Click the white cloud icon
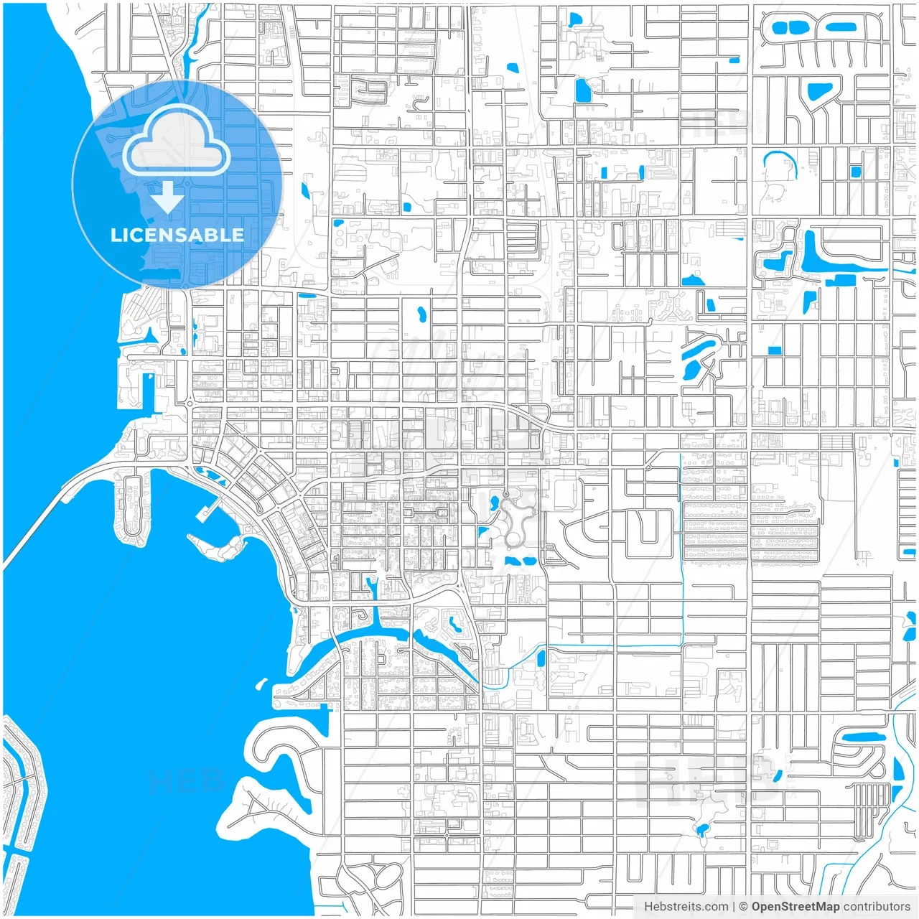[x=177, y=142]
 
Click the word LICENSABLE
[x=177, y=235]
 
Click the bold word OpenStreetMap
[x=795, y=907]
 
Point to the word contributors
[x=876, y=907]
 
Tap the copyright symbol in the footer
[x=743, y=907]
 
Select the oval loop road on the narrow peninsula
[x=131, y=506]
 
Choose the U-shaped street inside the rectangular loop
[x=649, y=528]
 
